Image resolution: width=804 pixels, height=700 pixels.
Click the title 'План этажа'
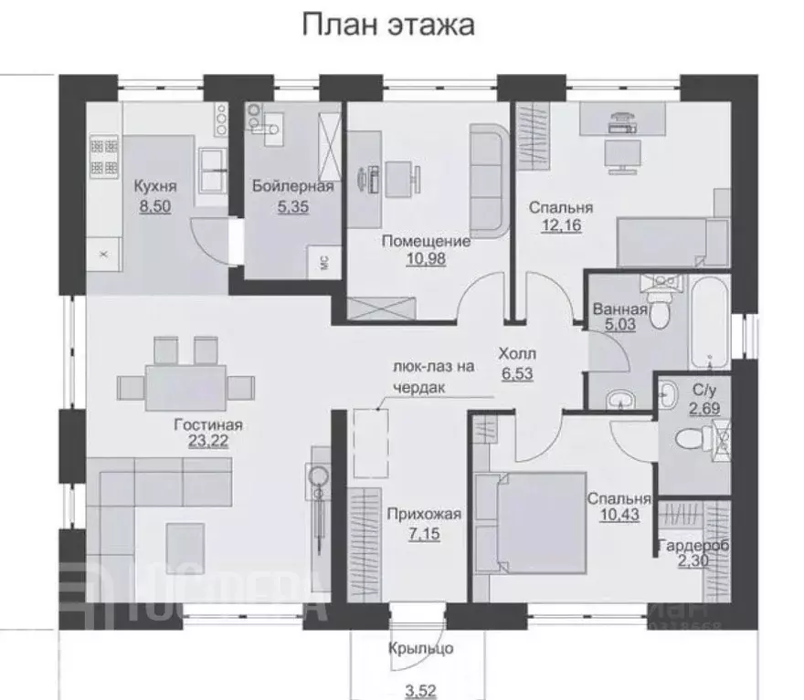click(x=388, y=25)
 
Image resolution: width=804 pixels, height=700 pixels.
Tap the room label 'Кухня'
click(x=154, y=187)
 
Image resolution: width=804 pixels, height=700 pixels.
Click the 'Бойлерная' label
click(x=293, y=187)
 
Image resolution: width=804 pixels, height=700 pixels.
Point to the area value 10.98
click(x=426, y=259)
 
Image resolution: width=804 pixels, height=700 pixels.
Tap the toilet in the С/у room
click(x=692, y=443)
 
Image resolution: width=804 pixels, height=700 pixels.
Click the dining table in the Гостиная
click(x=183, y=383)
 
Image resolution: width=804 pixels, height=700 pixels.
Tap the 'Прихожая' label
click(x=423, y=514)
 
